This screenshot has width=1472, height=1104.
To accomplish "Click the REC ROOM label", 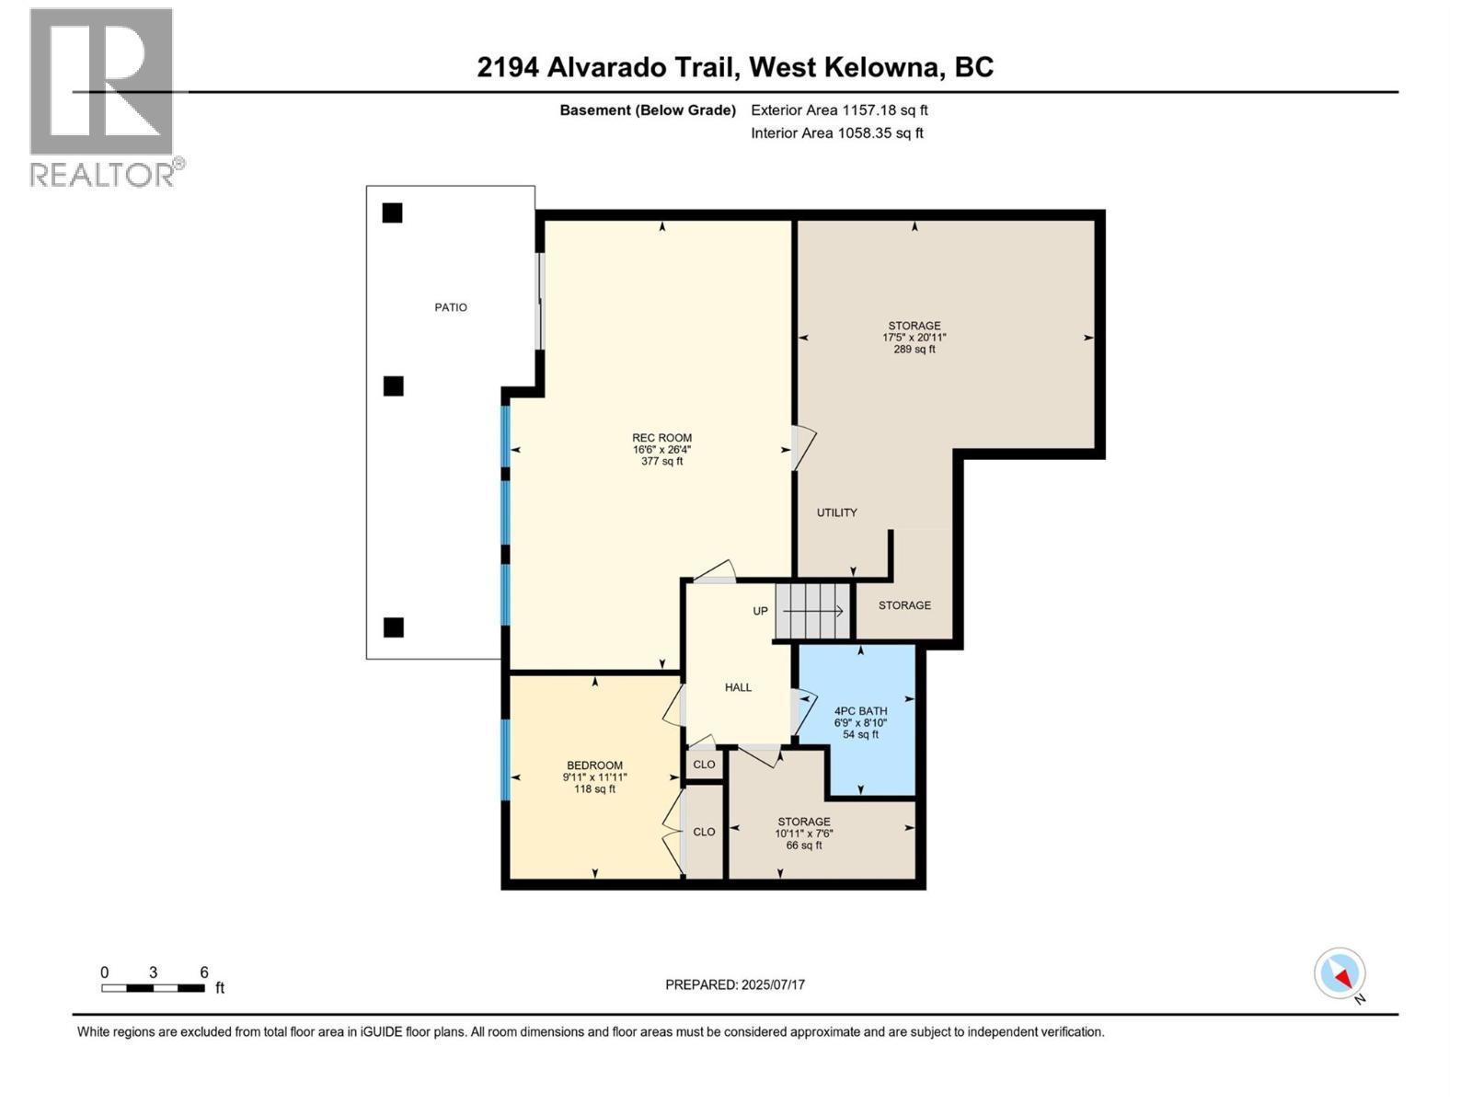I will point(661,438).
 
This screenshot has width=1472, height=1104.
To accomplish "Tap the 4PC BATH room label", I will point(860,710).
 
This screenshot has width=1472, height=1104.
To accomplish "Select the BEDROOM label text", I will point(594,765).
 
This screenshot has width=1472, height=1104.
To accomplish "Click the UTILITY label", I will point(836,512).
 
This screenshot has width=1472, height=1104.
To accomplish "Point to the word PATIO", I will point(451,307).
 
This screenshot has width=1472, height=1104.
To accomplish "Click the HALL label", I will point(738,687).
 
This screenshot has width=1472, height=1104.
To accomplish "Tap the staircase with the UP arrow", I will point(812,611).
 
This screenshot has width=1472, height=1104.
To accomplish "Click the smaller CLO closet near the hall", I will point(704,765).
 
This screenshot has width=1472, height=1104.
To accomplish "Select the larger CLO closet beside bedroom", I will point(704,832).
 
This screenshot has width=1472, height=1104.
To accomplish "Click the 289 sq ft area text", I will point(914,350).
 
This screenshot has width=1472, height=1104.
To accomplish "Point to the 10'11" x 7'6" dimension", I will point(803,834).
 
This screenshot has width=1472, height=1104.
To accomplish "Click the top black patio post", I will point(393,213).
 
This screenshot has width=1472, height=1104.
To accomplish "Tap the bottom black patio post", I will point(393,627).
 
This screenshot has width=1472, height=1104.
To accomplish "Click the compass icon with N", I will point(1340,973).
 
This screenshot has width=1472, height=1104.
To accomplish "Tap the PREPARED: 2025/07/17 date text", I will point(735,984).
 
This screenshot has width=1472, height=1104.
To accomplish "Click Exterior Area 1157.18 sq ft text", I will point(839,110).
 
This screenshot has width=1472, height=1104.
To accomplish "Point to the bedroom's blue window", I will point(505,759).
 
